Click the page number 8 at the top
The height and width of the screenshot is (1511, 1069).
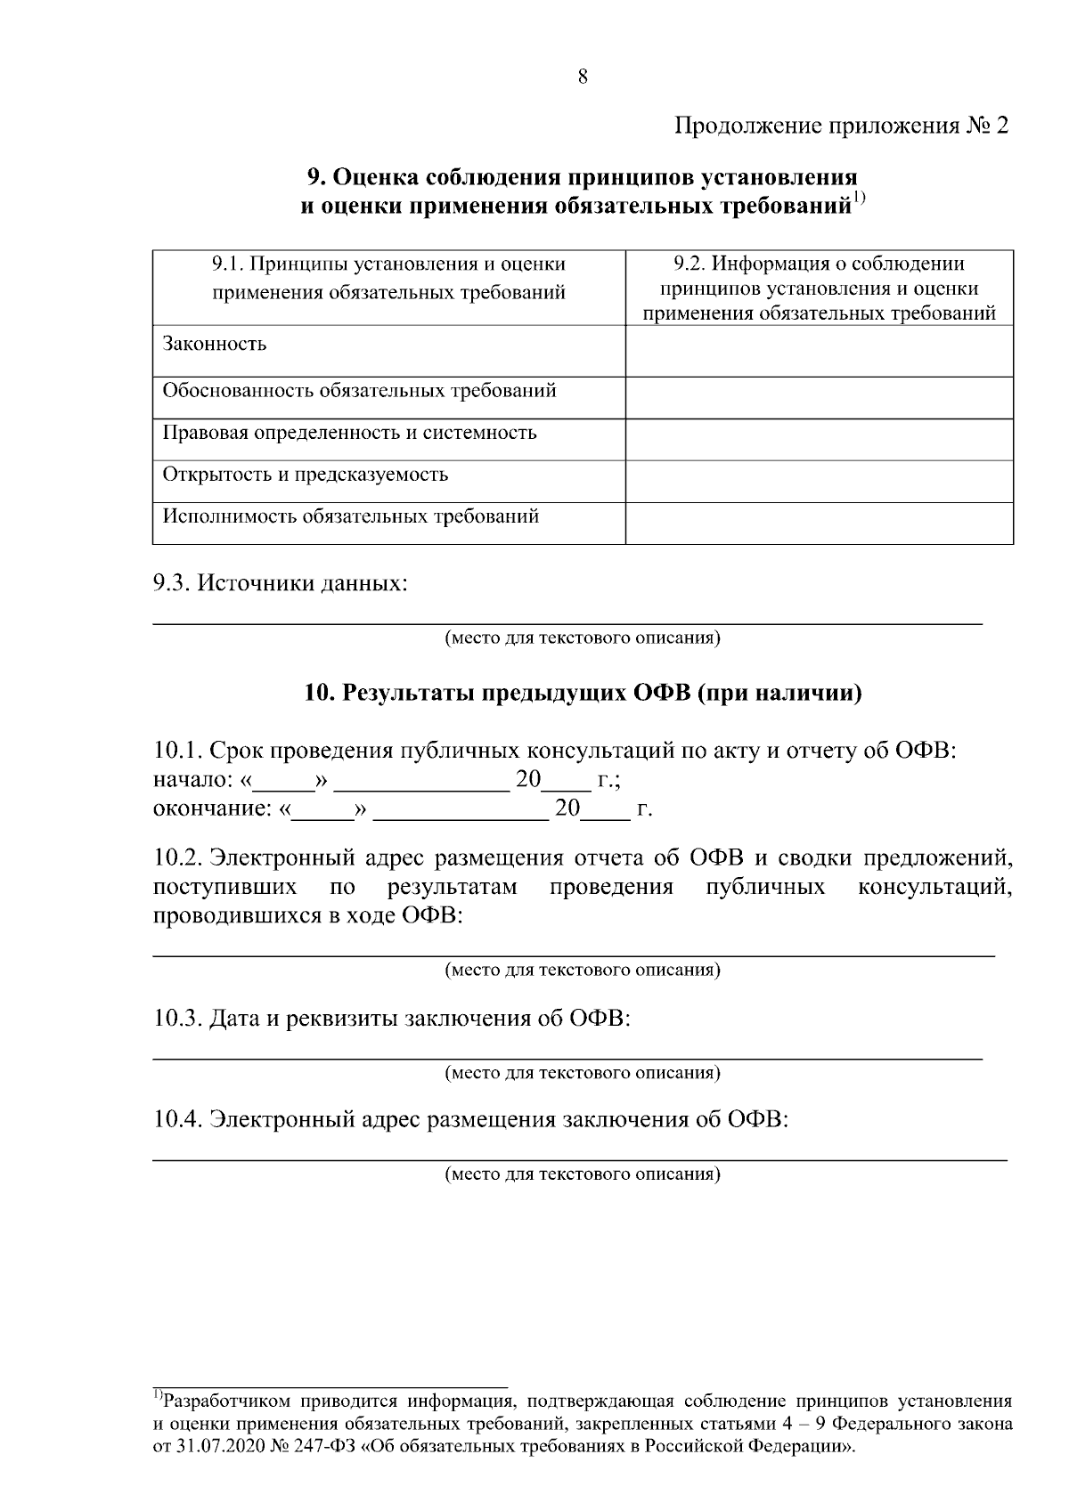coord(583,77)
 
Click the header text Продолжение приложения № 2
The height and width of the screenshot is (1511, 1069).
coord(842,125)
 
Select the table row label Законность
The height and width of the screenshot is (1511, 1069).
coord(214,345)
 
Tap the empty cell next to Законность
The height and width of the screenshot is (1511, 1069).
coord(819,350)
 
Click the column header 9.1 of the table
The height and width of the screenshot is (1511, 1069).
coord(388,278)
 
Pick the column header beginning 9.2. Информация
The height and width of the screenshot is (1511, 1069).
coord(819,288)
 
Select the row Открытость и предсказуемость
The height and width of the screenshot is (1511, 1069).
coord(305,475)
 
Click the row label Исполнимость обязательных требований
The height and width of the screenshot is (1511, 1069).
coord(350,516)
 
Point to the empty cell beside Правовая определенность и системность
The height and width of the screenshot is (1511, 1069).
coord(819,439)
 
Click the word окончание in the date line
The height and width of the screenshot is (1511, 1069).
coord(210,809)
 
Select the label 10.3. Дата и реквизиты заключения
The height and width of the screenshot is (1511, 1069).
coord(392,1019)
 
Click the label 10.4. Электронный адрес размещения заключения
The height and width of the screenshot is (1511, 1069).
coord(471,1120)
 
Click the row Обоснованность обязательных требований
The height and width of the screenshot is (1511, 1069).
coord(359,391)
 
